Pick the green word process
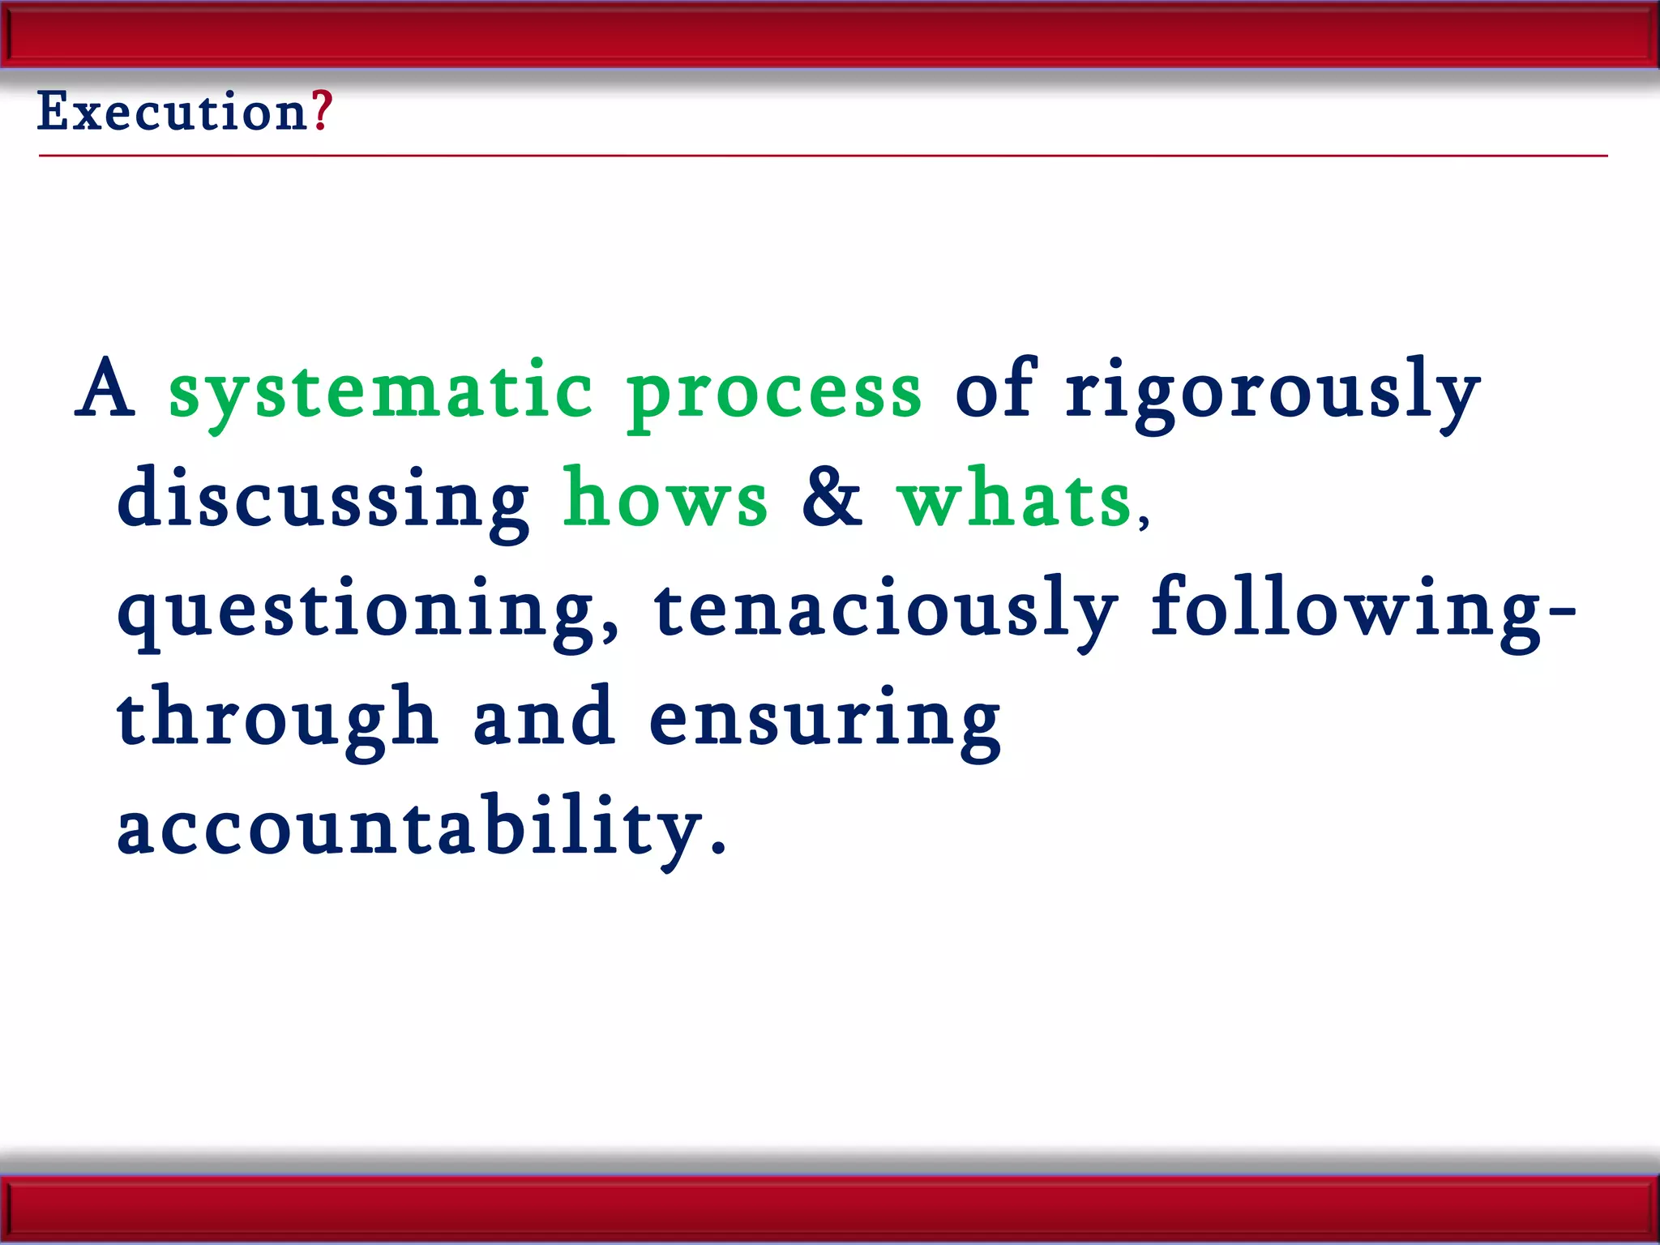point(774,392)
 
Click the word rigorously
point(1273,392)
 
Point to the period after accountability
point(717,850)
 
